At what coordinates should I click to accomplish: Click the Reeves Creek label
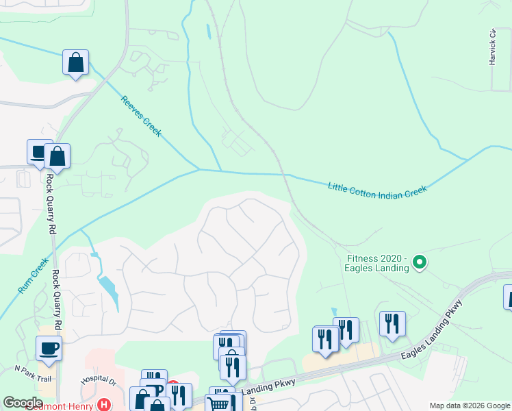coord(141,116)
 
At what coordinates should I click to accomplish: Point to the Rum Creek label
coord(34,276)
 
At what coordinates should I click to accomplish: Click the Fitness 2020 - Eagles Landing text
coord(378,262)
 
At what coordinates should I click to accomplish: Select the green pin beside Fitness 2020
coord(422,262)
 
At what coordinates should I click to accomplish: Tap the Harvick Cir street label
coord(492,47)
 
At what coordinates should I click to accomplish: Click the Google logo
coord(23,403)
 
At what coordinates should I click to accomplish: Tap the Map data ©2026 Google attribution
coord(470,406)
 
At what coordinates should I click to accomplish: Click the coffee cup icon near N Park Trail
coord(49,348)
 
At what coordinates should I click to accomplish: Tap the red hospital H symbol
coord(103,405)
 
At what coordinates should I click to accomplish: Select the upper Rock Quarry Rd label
coord(49,209)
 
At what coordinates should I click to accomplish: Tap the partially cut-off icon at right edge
coord(508,297)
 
